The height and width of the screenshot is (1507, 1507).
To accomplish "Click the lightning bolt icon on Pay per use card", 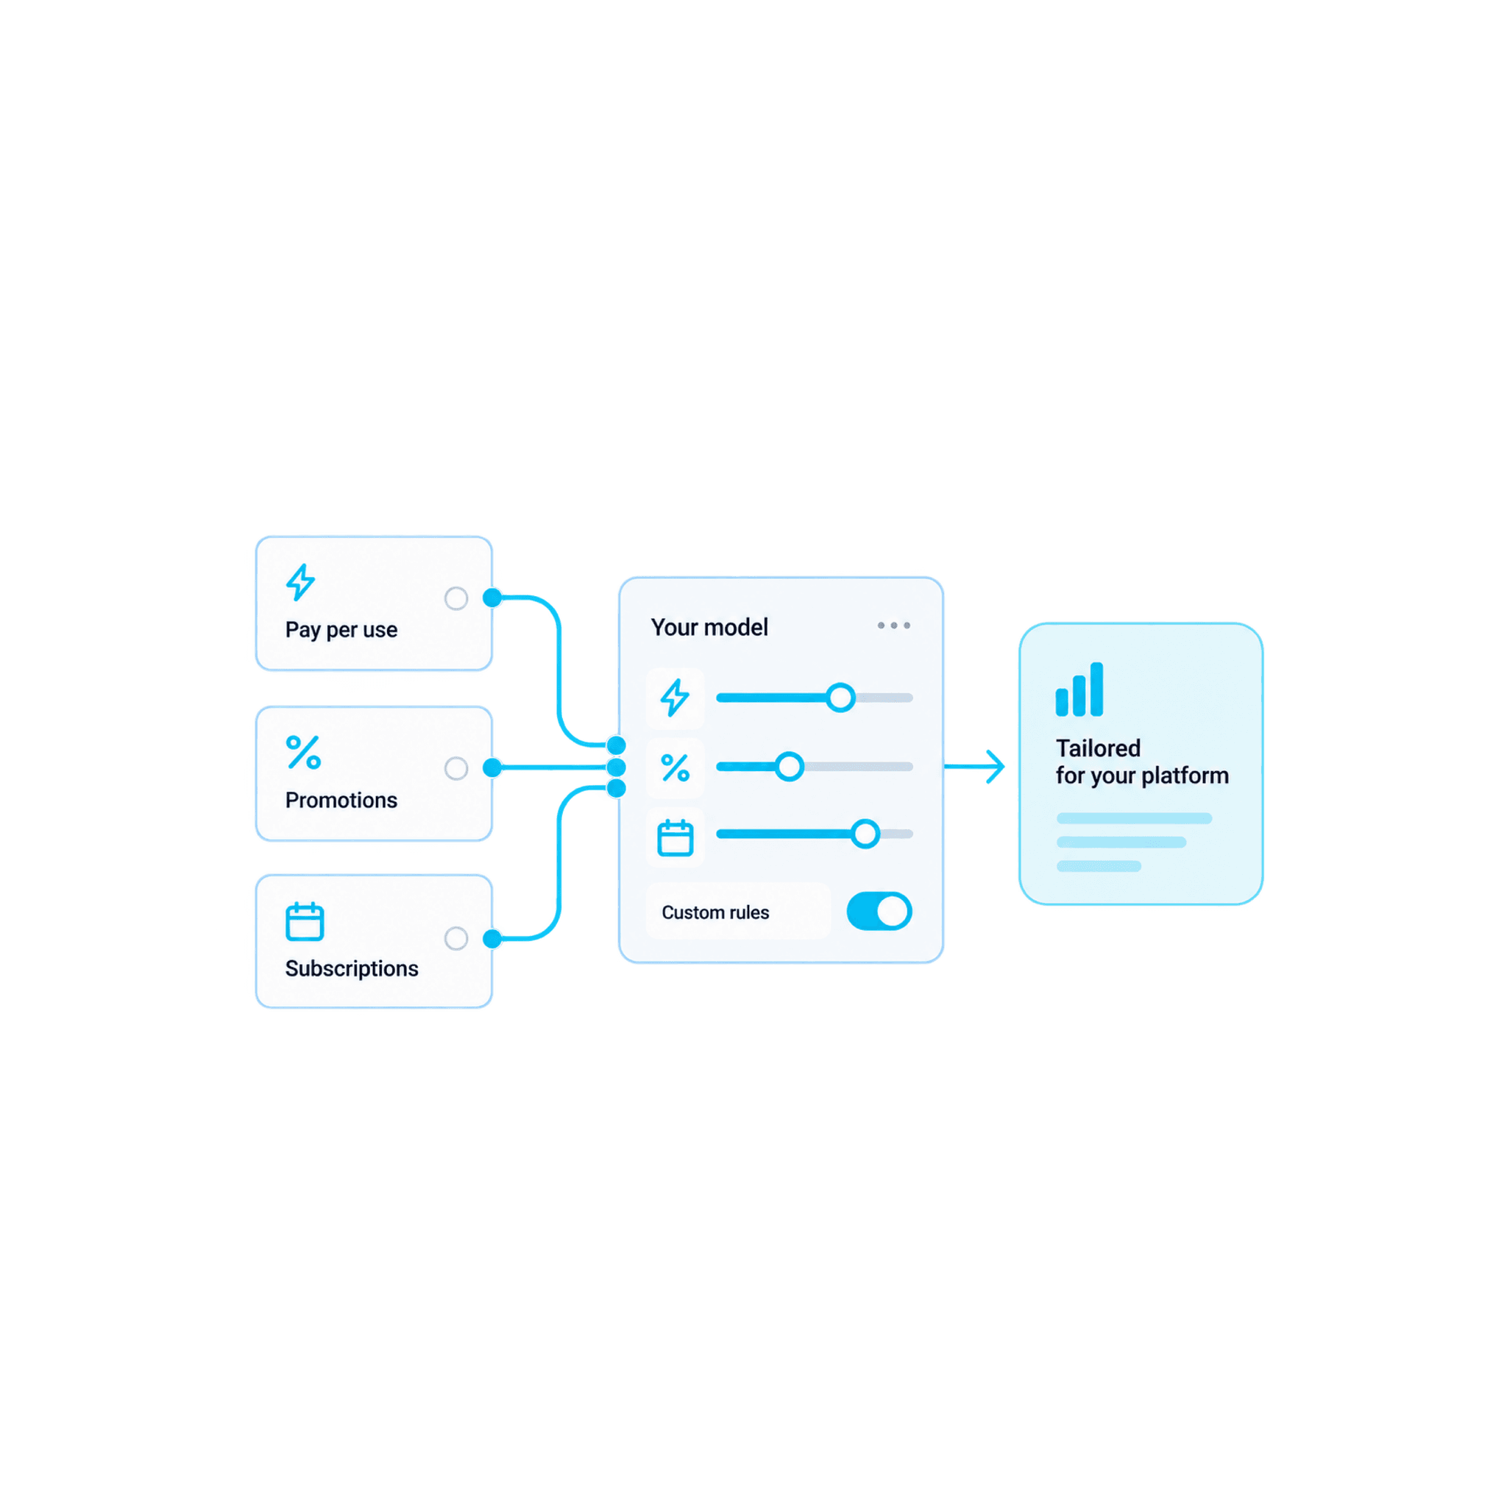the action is pos(300,582).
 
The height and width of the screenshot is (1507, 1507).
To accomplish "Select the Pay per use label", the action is pos(341,629).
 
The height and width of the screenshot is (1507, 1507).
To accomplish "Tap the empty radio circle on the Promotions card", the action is pos(456,768).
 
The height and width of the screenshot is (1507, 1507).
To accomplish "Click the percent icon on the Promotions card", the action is pos(303,753).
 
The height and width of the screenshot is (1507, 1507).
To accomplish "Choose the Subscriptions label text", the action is pos(352,968).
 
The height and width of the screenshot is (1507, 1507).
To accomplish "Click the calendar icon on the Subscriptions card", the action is pos(304,921).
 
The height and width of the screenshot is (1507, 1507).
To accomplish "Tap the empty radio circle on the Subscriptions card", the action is pos(456,938).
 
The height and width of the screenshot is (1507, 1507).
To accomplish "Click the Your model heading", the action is pos(709,627).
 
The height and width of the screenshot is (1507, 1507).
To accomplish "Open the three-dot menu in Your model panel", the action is pos(894,625).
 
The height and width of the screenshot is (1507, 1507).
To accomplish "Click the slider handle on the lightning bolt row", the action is pos(840,698).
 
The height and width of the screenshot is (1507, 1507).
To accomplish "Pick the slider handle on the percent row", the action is pos(790,767).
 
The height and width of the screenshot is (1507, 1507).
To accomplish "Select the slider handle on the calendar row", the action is pos(865,834).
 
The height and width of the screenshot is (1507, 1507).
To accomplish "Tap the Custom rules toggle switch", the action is pos(879,911).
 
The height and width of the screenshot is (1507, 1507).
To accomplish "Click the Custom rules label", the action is pos(715,912).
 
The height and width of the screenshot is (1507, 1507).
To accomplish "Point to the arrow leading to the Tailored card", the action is pos(974,767).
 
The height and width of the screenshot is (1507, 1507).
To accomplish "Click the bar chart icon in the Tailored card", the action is pos(1079,689).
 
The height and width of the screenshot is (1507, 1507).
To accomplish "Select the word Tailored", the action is pos(1099,748).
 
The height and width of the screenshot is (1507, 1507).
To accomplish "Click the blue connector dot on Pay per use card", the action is pos(492,598).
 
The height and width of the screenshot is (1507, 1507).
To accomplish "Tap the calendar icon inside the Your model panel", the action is pos(676,837).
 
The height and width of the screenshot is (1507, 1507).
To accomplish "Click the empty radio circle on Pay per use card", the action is pos(456,598).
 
